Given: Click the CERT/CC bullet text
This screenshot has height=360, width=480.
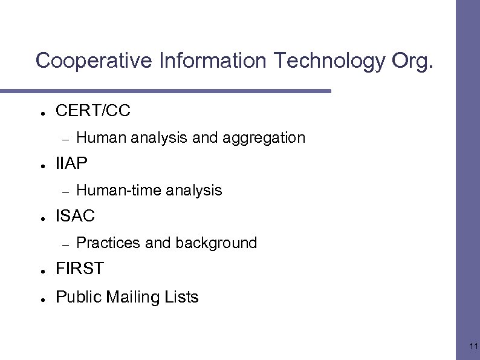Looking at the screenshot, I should point(92,111).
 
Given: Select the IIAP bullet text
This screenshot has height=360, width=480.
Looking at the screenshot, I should point(71,163).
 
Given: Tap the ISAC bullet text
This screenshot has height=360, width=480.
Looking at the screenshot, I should point(75,216).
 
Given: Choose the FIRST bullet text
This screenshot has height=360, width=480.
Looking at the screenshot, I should point(79,269).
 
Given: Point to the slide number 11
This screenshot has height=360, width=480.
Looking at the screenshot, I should point(473,347).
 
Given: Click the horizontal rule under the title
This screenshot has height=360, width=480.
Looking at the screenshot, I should point(166,91).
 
